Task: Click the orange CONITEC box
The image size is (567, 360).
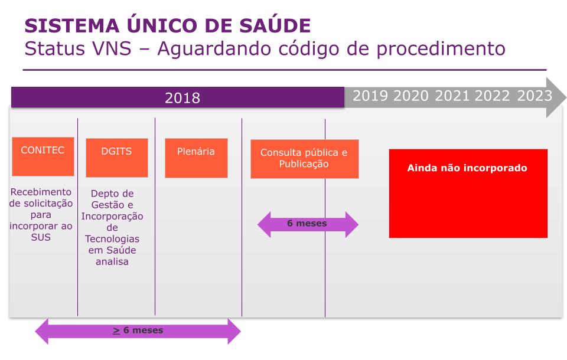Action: tap(43, 156)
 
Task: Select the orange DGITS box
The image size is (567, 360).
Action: tap(117, 158)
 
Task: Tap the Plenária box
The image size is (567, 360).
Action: tap(196, 158)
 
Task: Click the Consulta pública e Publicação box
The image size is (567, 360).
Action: tap(305, 159)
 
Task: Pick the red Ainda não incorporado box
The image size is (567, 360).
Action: tap(468, 194)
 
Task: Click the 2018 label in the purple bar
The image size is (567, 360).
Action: tap(183, 98)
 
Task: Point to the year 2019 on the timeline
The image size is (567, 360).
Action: tap(370, 96)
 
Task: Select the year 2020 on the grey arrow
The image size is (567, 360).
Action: tap(411, 96)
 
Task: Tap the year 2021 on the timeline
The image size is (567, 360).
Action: tap(452, 96)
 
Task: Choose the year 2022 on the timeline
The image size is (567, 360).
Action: tap(492, 96)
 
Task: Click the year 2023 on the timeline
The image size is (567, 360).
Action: tap(535, 96)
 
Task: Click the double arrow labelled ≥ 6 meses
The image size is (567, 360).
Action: tap(138, 331)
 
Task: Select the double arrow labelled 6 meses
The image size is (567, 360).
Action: tap(308, 224)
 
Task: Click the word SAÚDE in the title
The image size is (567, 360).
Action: tap(275, 25)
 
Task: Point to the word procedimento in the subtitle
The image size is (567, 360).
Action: tap(441, 49)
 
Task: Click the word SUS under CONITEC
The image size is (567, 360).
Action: tap(41, 237)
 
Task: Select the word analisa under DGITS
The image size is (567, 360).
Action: tap(112, 261)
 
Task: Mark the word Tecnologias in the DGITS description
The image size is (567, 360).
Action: tap(112, 239)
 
